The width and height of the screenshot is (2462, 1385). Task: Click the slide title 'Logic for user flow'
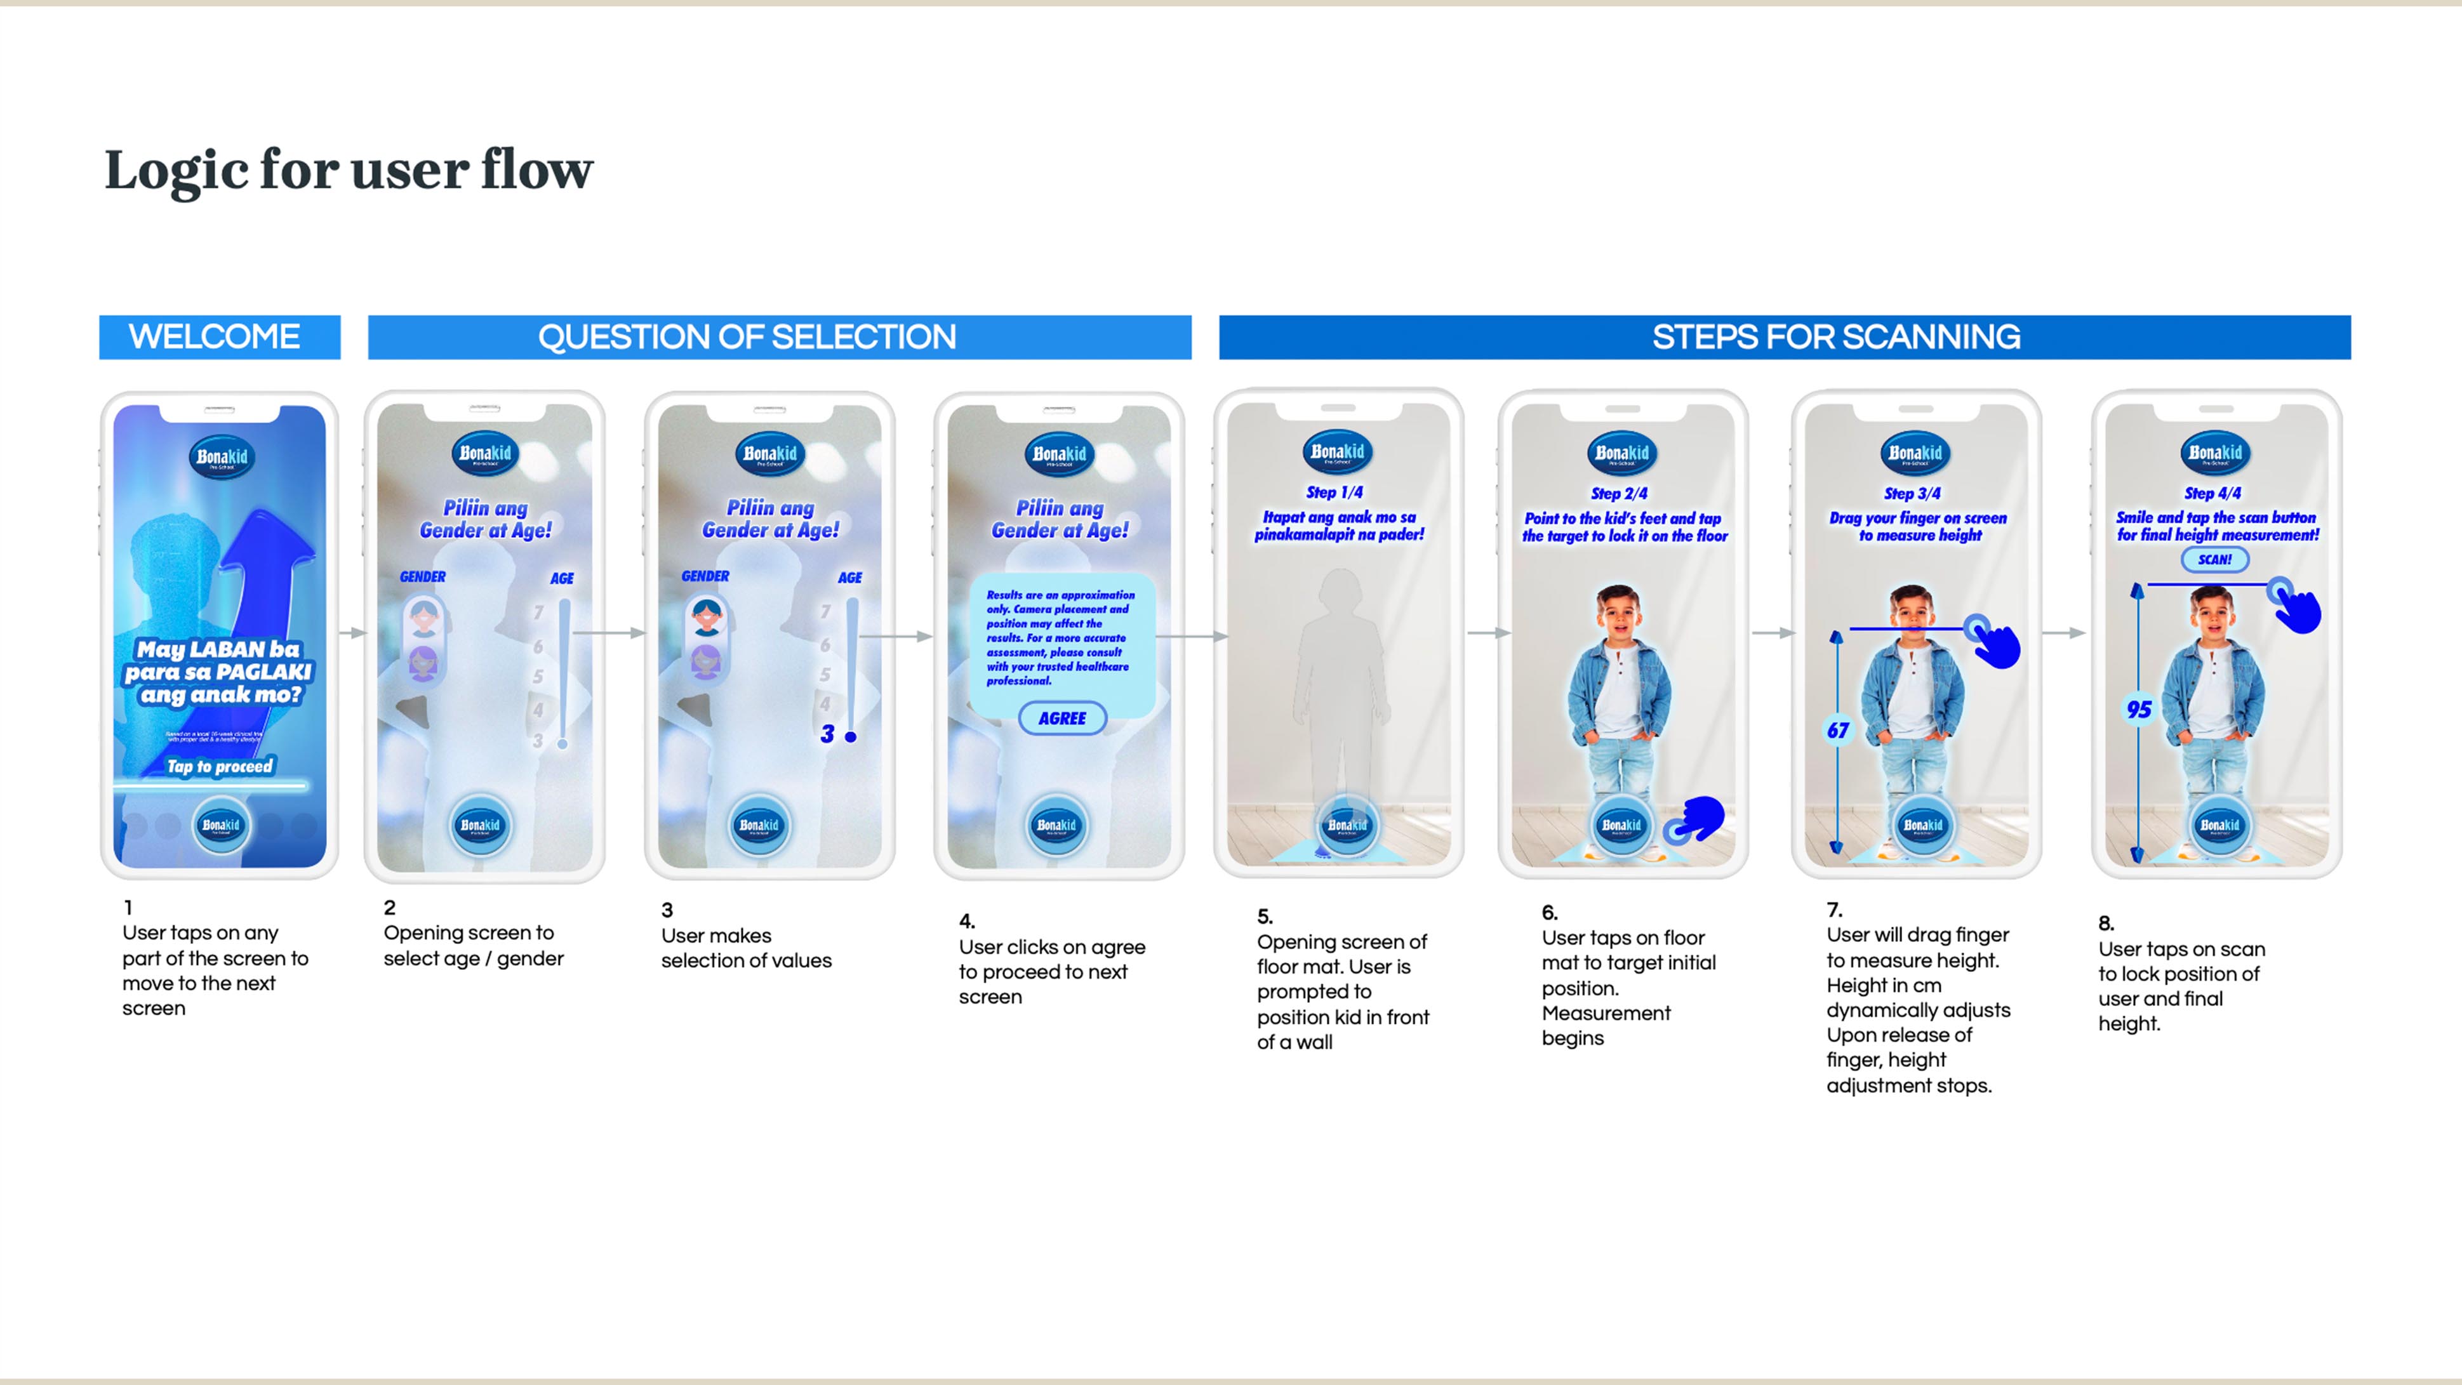click(348, 170)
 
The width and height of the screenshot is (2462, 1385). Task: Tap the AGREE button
click(1062, 718)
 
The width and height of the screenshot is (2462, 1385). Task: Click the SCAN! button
click(2214, 559)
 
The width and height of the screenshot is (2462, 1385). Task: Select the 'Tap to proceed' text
click(220, 767)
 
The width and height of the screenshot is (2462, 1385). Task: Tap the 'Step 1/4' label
click(1334, 493)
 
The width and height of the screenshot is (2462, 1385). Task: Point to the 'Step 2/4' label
click(1619, 493)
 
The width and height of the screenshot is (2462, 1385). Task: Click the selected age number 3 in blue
click(827, 734)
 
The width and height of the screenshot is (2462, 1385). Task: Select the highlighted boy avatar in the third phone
click(707, 616)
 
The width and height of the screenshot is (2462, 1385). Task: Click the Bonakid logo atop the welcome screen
click(221, 458)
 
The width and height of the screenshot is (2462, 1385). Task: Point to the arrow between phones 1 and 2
click(353, 633)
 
